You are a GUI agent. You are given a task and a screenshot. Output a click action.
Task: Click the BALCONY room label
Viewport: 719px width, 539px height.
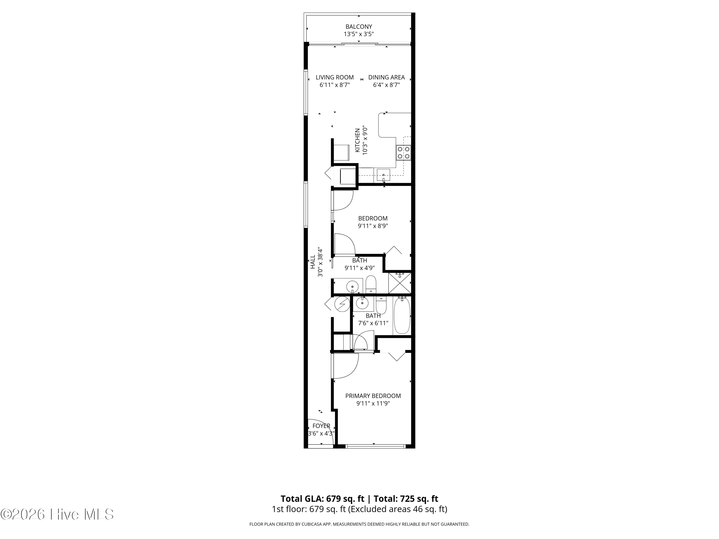[x=359, y=27]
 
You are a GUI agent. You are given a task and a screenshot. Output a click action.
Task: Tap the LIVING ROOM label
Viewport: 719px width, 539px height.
[x=335, y=77]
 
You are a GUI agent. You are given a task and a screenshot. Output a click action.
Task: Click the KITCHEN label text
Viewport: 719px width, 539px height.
[x=358, y=140]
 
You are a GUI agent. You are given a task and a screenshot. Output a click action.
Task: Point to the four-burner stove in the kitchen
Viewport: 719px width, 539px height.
[x=403, y=153]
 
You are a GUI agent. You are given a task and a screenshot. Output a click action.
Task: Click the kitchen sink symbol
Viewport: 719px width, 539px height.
[x=383, y=175]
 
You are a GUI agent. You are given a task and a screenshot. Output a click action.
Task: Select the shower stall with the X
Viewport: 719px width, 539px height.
[x=400, y=283]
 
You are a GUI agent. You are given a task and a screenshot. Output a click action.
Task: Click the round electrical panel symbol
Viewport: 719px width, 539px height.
[x=342, y=304]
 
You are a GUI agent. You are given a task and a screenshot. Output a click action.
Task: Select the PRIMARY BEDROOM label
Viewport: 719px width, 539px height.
[x=373, y=396]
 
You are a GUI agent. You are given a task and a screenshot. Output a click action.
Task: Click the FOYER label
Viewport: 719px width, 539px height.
[x=321, y=426]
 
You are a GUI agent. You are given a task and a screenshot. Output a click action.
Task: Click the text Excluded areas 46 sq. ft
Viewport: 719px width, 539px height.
[x=397, y=509]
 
